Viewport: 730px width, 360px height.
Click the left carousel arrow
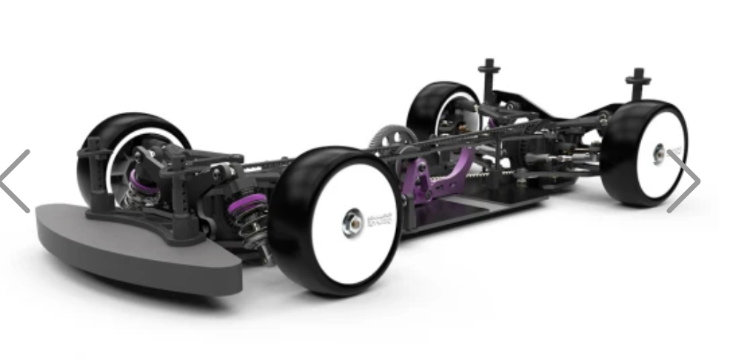pyautogui.click(x=16, y=181)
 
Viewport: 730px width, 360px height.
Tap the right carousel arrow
pyautogui.click(x=683, y=181)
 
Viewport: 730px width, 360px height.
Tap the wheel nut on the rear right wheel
pyautogui.click(x=657, y=154)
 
